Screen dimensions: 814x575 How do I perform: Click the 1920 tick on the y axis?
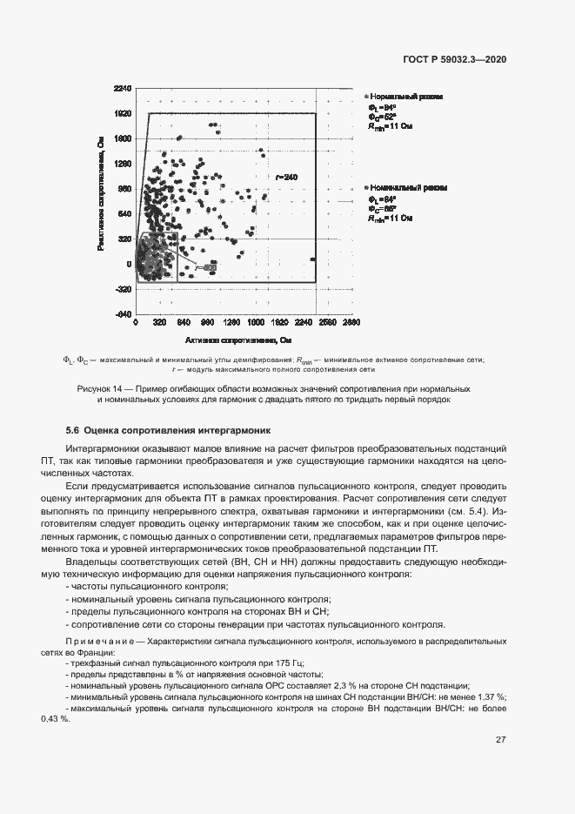(122, 113)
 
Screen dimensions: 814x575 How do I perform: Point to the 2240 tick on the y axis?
(122, 89)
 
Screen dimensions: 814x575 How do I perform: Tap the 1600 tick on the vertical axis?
(122, 138)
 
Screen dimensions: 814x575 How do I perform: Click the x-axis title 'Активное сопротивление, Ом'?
(237, 340)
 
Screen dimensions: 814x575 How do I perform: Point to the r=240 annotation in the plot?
(285, 178)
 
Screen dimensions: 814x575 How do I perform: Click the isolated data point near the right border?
(312, 259)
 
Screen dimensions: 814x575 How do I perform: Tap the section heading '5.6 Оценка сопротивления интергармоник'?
(169, 430)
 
